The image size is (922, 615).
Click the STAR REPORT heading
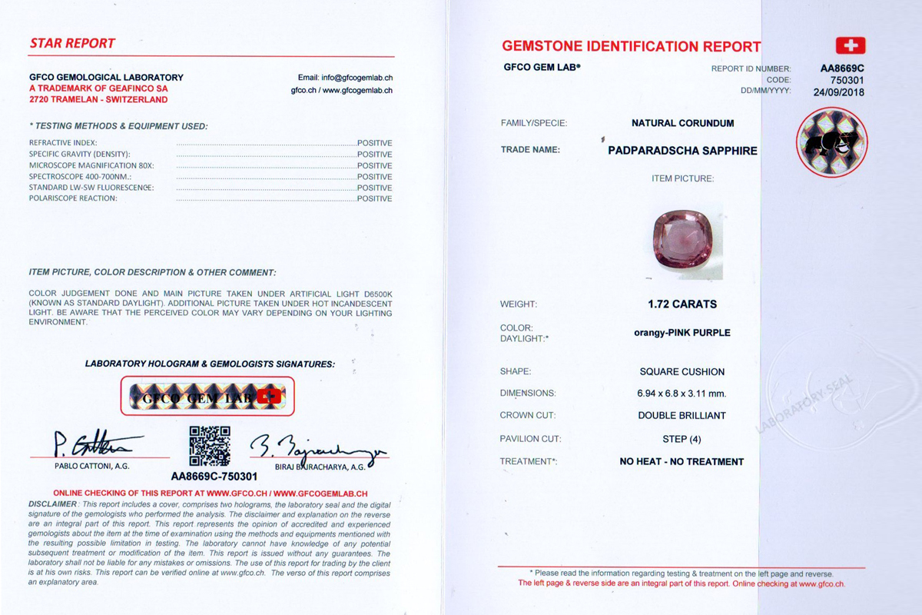pos(72,43)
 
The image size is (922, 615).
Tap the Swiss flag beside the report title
pos(850,45)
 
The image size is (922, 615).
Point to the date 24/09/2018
pos(838,91)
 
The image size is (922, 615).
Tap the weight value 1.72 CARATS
pos(682,304)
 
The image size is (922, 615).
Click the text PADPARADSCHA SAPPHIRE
pos(682,151)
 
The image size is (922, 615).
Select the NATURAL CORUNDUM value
pos(682,123)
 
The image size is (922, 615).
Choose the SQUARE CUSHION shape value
pos(682,372)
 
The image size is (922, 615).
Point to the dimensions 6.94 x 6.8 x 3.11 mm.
pos(682,394)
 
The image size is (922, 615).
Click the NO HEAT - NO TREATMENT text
pos(682,462)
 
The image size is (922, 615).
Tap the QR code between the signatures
pos(210,446)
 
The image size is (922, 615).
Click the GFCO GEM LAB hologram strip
pos(207,397)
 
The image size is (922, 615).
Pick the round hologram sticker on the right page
pos(831,142)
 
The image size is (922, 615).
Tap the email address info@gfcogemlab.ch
pos(345,78)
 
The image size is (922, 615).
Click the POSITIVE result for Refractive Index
pos(374,143)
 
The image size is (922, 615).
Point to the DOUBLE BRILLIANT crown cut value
pos(682,416)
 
